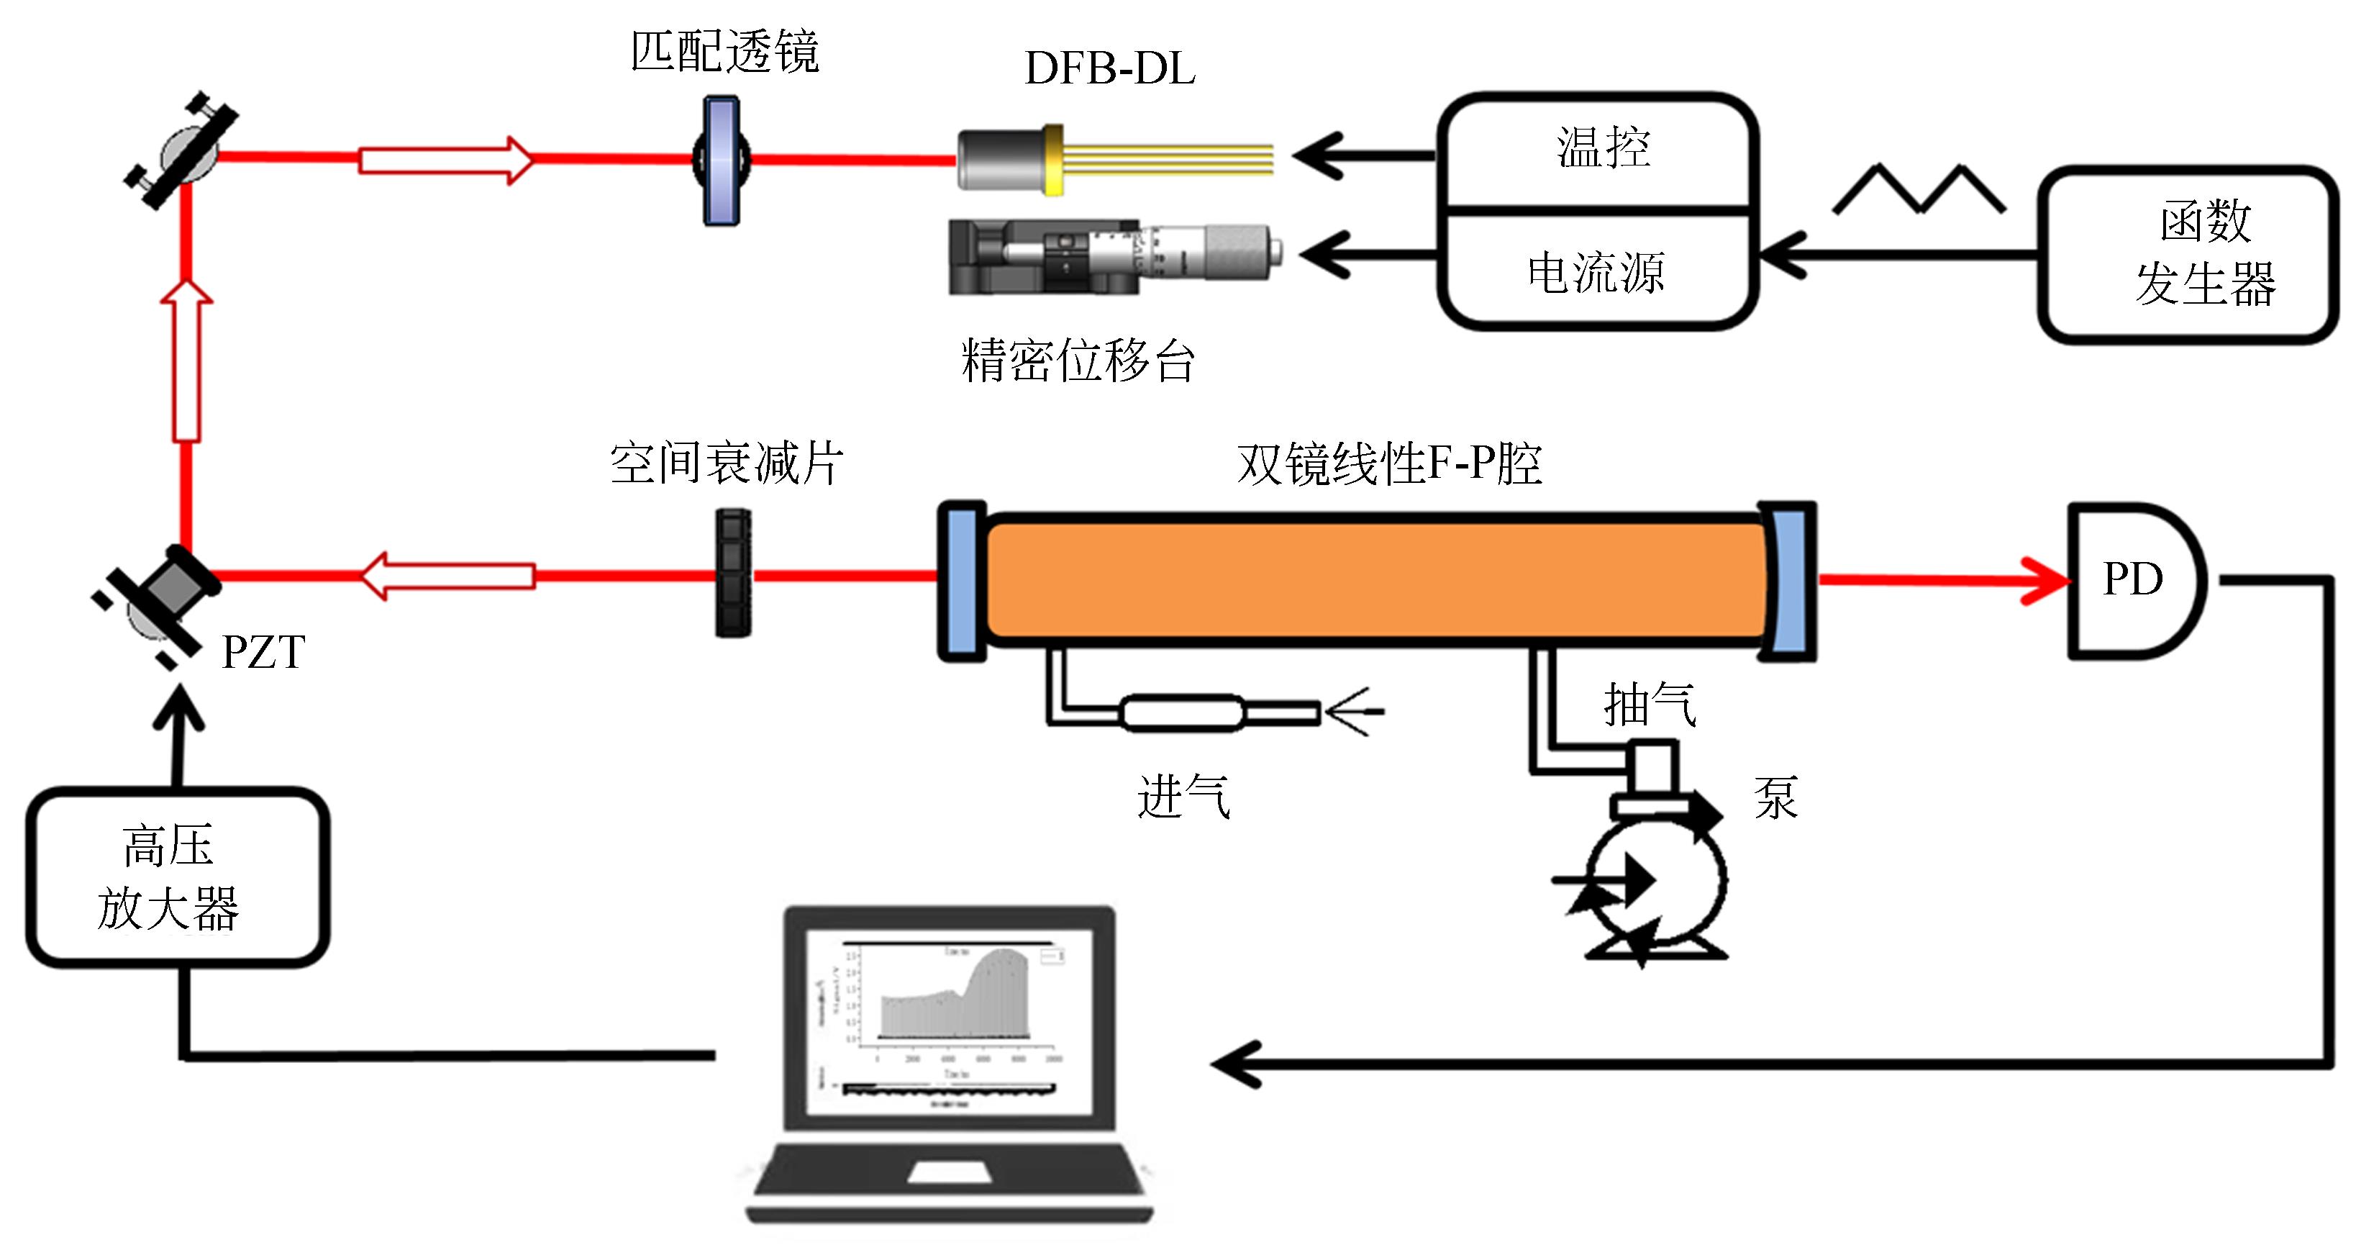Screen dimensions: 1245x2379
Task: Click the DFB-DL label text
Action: tap(1109, 68)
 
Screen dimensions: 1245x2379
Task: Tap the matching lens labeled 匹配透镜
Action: tap(722, 160)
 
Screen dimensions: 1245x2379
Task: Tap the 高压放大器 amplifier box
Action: tap(176, 877)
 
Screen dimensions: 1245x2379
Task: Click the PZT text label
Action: tap(263, 652)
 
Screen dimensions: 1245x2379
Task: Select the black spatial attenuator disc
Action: tap(732, 574)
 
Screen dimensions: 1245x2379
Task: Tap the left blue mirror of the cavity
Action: tap(961, 581)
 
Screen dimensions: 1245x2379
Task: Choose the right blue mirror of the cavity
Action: tap(1791, 581)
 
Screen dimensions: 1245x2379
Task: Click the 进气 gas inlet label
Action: tap(1183, 796)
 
